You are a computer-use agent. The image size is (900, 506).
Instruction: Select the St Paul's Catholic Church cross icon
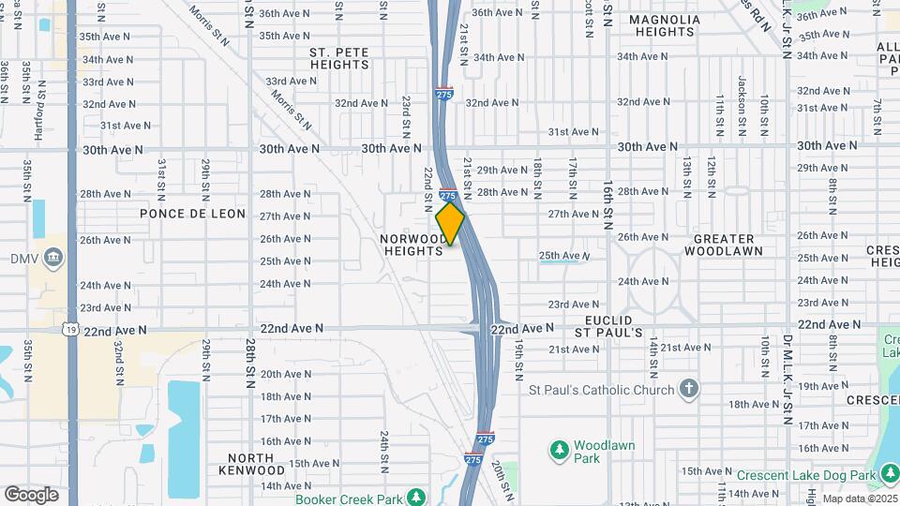pos(689,389)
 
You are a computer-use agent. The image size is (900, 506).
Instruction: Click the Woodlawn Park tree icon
pos(560,452)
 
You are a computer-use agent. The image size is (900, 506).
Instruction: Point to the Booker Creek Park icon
pos(415,497)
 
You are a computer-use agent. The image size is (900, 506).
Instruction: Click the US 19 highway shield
pos(70,329)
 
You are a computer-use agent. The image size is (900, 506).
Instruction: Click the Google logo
pos(32,494)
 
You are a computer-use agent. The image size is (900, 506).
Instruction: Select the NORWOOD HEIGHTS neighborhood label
pos(412,245)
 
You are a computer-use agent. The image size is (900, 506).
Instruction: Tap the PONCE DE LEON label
pos(192,214)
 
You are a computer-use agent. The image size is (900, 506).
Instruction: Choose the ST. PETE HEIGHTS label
pos(339,58)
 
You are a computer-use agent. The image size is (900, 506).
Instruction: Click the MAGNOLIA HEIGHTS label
pos(664,25)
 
